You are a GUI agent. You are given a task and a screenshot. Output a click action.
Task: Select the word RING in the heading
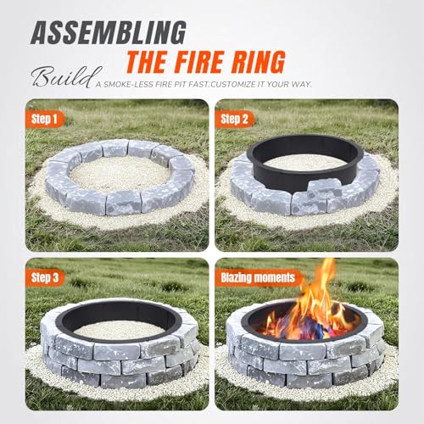tap(281, 62)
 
